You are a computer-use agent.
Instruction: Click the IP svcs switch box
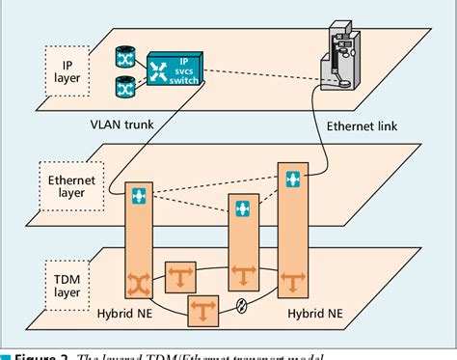click(174, 69)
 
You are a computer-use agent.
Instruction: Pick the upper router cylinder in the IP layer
click(123, 58)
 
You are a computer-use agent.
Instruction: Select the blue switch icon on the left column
click(139, 197)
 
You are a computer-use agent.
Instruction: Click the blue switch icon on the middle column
click(240, 208)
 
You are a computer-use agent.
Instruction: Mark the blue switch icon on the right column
click(292, 180)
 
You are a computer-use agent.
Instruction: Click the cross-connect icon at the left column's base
click(139, 284)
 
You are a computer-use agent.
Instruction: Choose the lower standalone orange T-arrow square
click(202, 312)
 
